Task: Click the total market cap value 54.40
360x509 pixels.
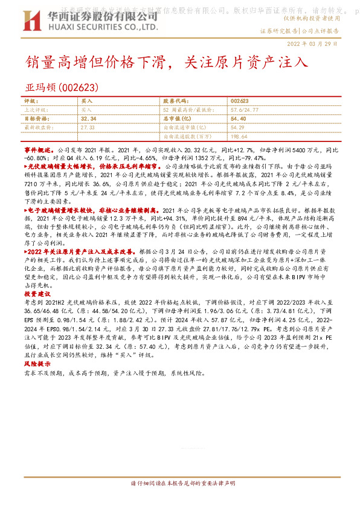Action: point(238,119)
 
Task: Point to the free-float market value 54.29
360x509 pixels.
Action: point(237,128)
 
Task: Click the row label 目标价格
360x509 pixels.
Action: point(34,119)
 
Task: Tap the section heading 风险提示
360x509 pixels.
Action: point(35,365)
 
